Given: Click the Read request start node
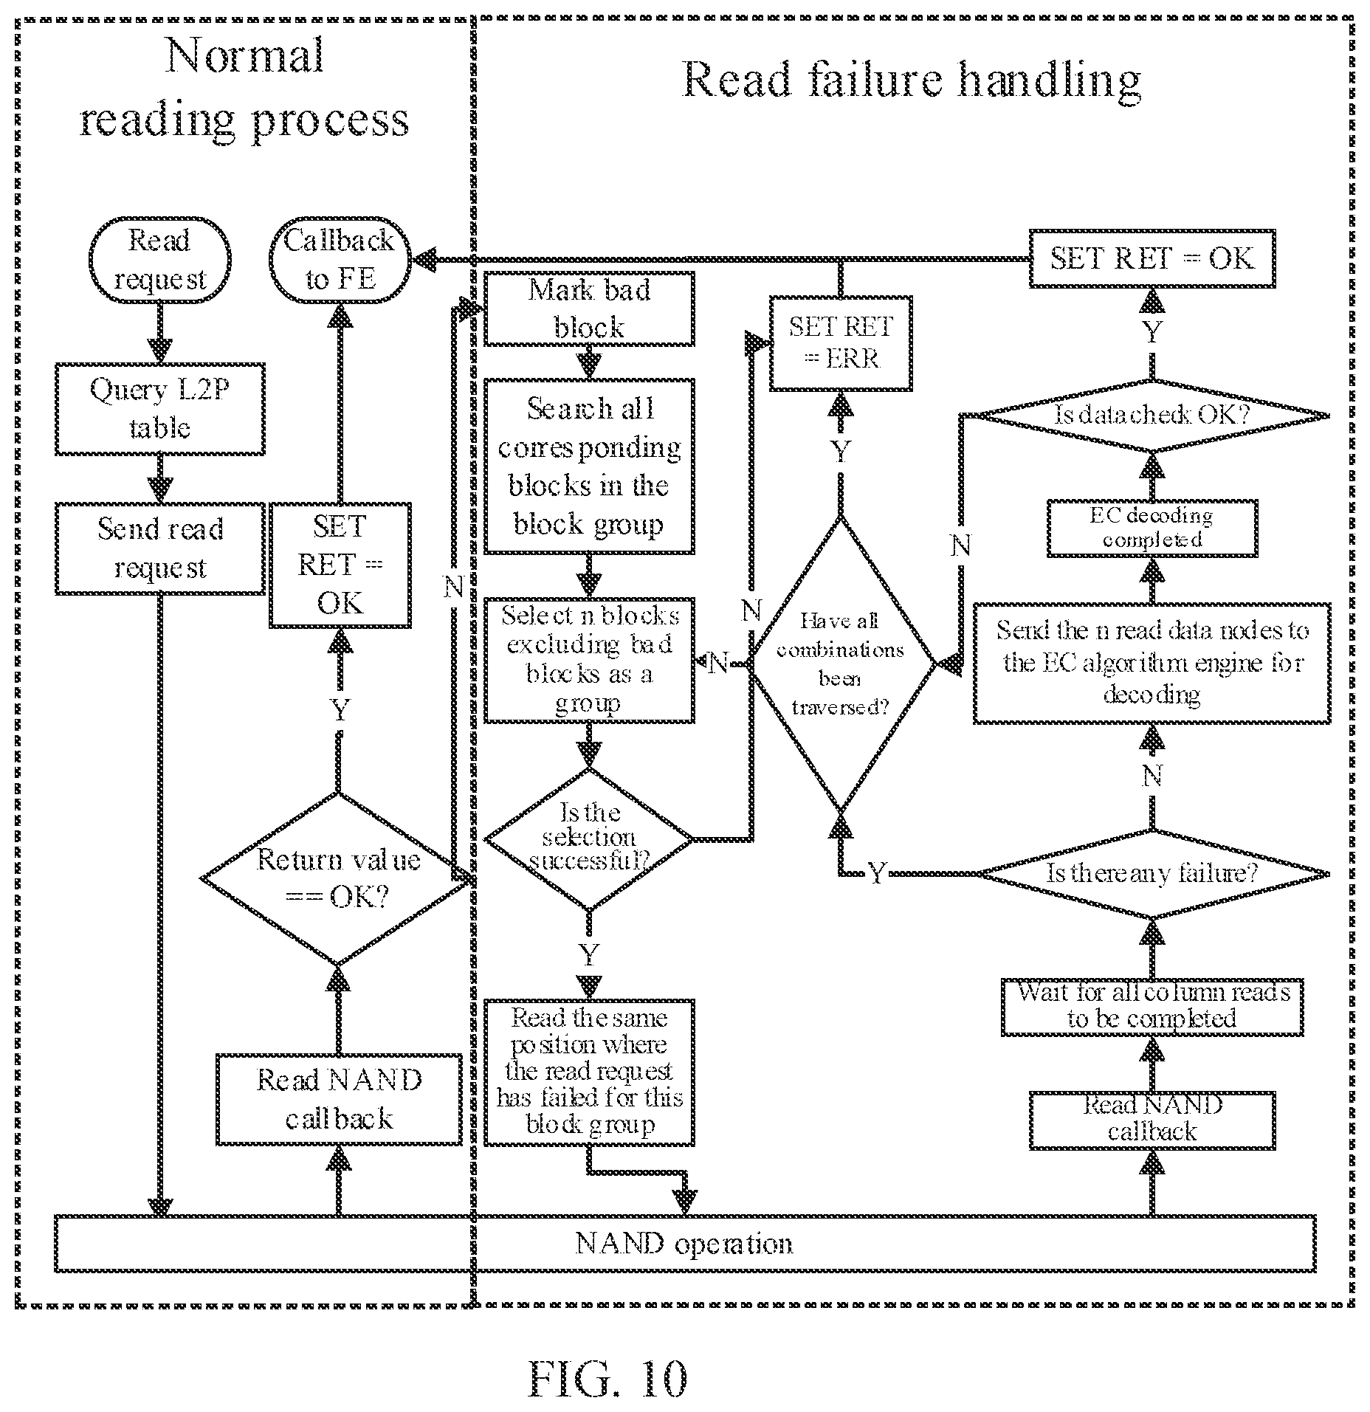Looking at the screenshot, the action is tap(159, 260).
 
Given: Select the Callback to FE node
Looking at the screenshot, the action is tap(340, 260).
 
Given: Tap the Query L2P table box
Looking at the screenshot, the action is tap(159, 409).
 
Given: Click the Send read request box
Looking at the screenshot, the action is tap(159, 548).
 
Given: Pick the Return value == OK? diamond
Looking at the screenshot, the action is tap(338, 878).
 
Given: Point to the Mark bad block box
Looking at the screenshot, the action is tap(589, 309).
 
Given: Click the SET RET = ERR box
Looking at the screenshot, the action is tap(841, 343).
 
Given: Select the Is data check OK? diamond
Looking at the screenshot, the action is tap(1152, 416).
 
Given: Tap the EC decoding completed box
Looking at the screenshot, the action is tap(1152, 528).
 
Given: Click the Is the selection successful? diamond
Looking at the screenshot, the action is tap(589, 839).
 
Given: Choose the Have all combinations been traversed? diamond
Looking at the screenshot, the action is tap(841, 664).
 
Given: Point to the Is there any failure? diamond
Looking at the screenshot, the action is tap(1152, 875).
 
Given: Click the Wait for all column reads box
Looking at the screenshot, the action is tap(1152, 1007).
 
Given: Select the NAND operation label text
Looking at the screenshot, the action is tap(684, 1244).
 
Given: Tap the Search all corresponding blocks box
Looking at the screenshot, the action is tap(589, 466).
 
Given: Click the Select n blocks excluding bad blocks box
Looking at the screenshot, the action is tap(589, 661).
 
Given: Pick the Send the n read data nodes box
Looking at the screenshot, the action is tap(1152, 663).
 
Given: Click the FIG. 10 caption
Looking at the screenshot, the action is tap(607, 1378).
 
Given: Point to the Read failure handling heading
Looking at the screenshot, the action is tap(912, 80).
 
